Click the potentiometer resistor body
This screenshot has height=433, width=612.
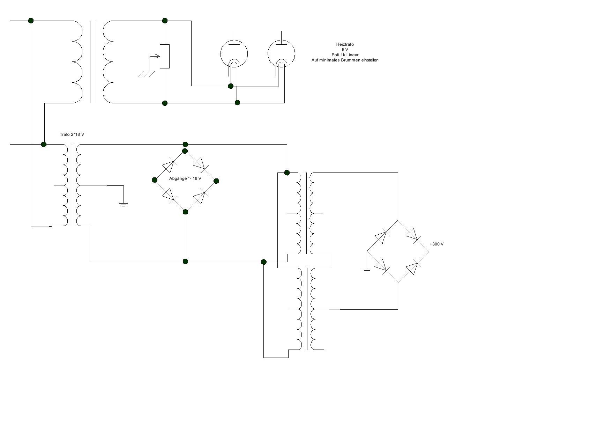tap(165, 56)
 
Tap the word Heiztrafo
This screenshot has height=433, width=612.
tap(345, 44)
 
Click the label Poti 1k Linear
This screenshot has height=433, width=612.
tap(345, 55)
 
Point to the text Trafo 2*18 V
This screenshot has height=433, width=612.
tap(72, 134)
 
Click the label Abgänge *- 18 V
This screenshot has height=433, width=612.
tap(185, 178)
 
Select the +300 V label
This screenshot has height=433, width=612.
tap(436, 244)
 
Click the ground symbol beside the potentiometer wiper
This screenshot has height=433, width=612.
tap(147, 74)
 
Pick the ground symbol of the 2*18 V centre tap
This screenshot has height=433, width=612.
tap(124, 204)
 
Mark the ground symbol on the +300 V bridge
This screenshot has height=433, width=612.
tap(367, 270)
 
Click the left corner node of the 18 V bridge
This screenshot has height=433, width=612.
tap(155, 180)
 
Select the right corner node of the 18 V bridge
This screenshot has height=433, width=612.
tap(216, 181)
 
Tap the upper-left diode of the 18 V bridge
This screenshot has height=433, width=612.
tap(170, 165)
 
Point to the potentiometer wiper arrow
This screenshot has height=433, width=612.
tap(154, 56)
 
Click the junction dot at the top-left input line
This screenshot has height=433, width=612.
tap(31, 21)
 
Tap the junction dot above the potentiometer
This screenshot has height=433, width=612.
tap(165, 21)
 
